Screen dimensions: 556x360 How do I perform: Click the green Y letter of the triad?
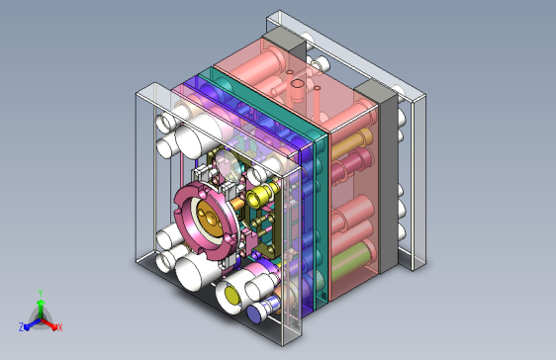(41, 293)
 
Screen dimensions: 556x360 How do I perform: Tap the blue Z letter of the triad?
(22, 327)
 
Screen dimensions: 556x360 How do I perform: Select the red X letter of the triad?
(60, 327)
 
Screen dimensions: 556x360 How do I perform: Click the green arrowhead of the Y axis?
(41, 304)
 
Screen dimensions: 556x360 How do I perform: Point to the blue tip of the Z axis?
(27, 327)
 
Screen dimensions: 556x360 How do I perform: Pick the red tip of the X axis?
(54, 326)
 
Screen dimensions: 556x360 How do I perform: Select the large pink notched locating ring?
(206, 220)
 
